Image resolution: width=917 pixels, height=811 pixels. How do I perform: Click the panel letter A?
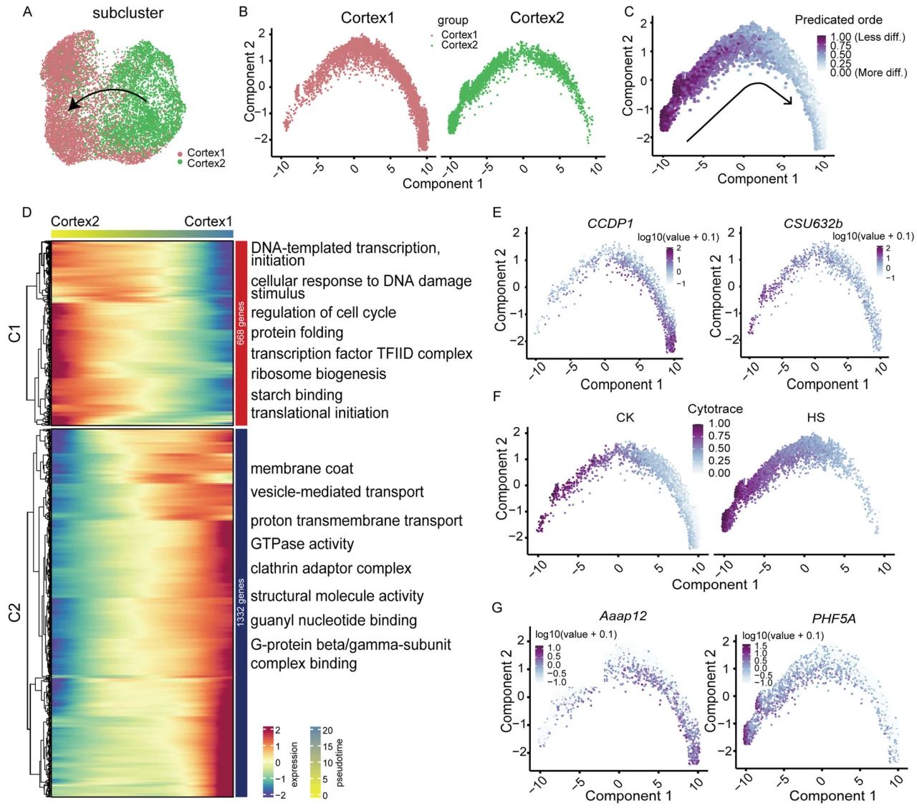pyautogui.click(x=27, y=11)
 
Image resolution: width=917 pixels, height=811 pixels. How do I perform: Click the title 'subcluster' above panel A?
pyautogui.click(x=128, y=14)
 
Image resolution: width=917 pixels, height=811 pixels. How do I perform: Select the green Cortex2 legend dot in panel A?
pyautogui.click(x=181, y=163)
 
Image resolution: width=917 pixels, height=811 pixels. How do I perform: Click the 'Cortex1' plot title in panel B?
pyautogui.click(x=368, y=18)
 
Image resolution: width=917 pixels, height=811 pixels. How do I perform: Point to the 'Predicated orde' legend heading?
pyautogui.click(x=838, y=20)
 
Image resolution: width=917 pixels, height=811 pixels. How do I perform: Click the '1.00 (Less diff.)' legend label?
pyautogui.click(x=868, y=37)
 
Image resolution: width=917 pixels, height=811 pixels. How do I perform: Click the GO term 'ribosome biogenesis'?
pyautogui.click(x=318, y=374)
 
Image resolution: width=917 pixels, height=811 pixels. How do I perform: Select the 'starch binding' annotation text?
pyautogui.click(x=297, y=395)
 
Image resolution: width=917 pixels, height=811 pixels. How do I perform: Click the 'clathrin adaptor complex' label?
pyautogui.click(x=331, y=568)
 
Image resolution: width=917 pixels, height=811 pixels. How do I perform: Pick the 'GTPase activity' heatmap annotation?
pyautogui.click(x=302, y=544)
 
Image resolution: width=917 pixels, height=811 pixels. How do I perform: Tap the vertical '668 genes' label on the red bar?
pyautogui.click(x=241, y=323)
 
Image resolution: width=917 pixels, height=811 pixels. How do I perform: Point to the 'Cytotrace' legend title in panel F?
pyautogui.click(x=715, y=409)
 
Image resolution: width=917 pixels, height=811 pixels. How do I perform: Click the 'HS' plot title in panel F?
pyautogui.click(x=815, y=418)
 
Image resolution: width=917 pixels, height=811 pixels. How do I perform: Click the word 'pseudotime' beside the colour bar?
pyautogui.click(x=340, y=762)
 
